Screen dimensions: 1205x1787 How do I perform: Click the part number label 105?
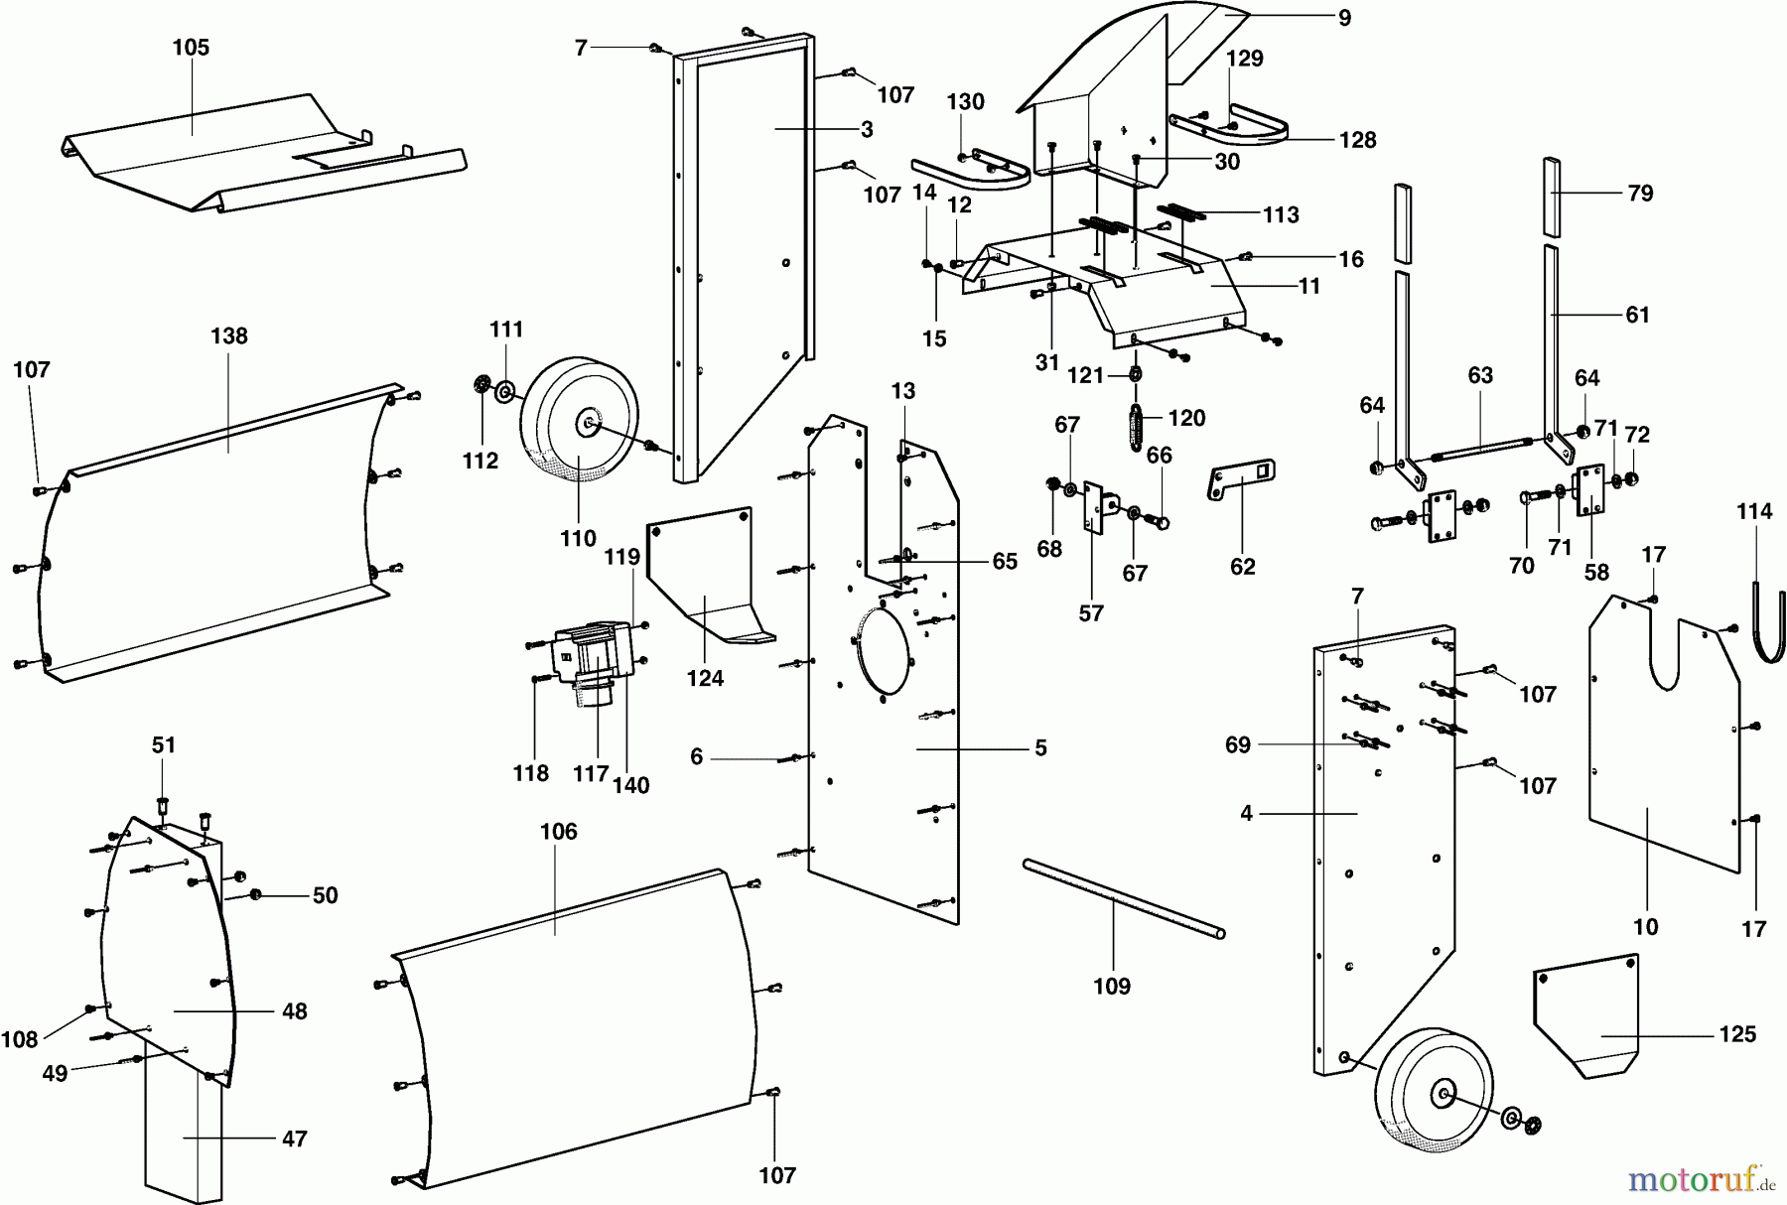point(191,48)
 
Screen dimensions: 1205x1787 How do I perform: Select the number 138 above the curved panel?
point(228,336)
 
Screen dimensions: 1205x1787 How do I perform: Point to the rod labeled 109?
point(1122,899)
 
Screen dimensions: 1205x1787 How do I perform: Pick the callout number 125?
point(1737,1034)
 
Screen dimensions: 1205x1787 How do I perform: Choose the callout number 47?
point(294,1138)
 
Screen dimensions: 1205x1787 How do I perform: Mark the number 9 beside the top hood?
point(1344,18)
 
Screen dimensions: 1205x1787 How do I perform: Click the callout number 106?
point(558,832)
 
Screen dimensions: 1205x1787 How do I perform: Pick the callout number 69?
point(1237,744)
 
